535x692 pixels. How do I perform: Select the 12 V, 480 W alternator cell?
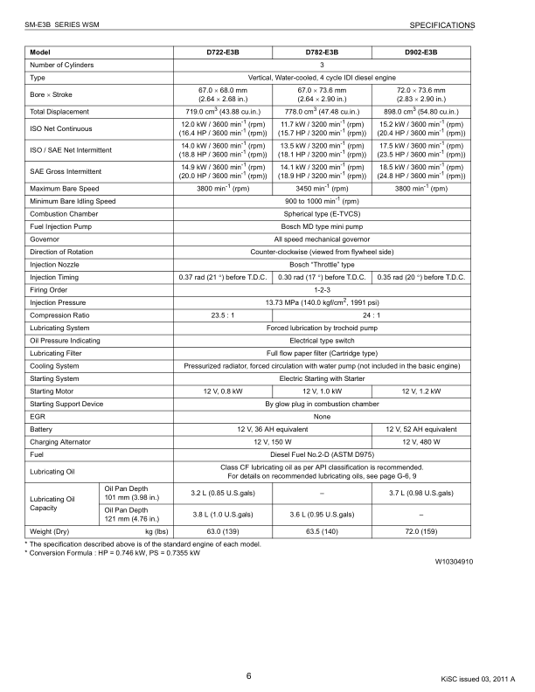(421, 442)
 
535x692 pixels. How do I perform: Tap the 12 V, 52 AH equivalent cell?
(421, 429)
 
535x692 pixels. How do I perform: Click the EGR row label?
(38, 417)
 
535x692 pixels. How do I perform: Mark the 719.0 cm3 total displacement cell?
(223, 112)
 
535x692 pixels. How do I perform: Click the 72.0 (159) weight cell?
(421, 530)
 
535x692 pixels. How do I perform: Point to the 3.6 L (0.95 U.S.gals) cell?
(323, 514)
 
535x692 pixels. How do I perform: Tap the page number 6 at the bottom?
(248, 675)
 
